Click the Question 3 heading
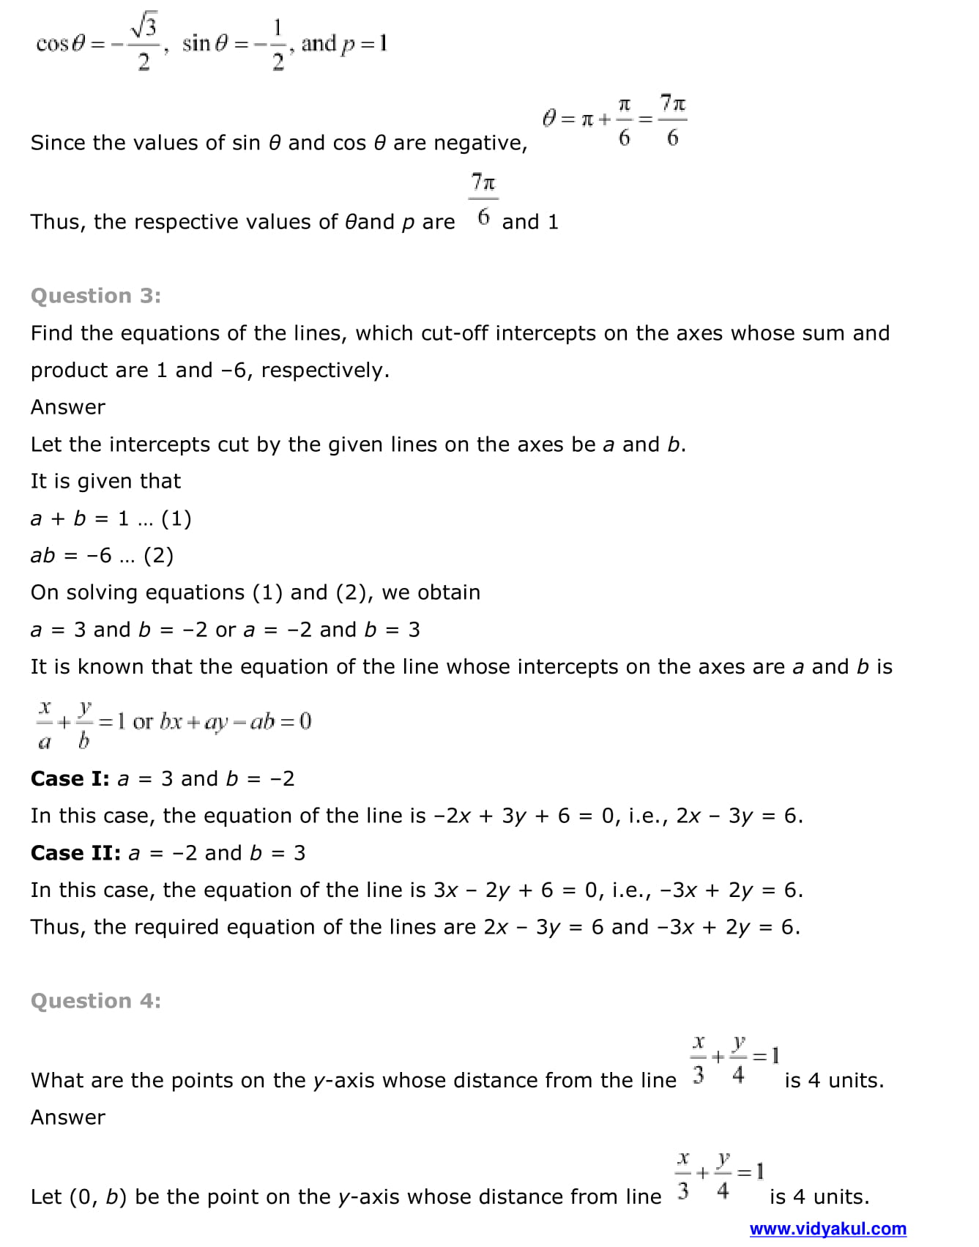coord(96,296)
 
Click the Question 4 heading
coord(96,1001)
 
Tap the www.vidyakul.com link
coord(827,1229)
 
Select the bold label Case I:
coord(70,779)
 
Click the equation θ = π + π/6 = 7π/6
coord(614,119)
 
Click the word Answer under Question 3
coord(68,407)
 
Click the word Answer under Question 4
coord(68,1117)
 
